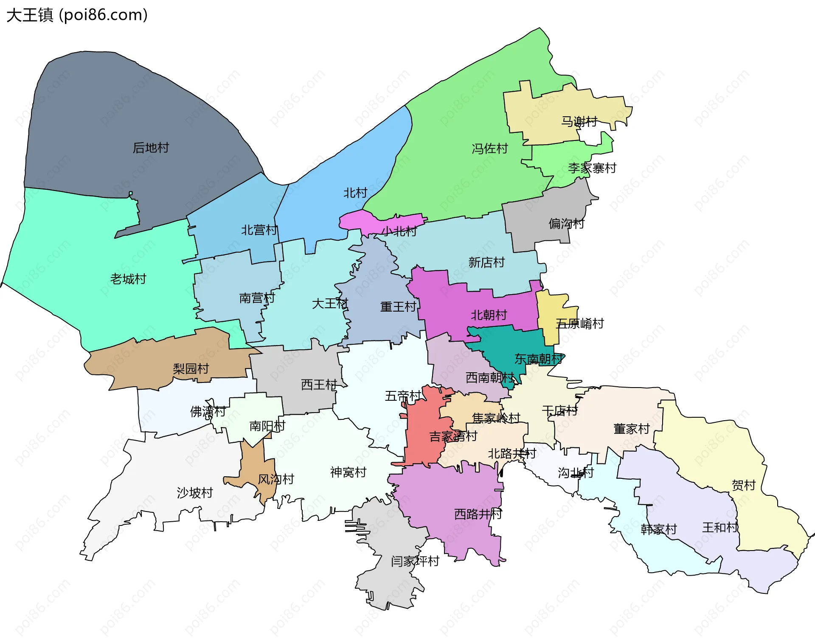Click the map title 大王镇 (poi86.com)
click(x=77, y=15)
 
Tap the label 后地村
click(x=151, y=148)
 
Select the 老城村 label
click(x=128, y=279)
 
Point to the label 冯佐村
click(x=490, y=149)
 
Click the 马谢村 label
click(x=579, y=121)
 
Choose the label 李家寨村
click(x=592, y=168)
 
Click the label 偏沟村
click(x=566, y=223)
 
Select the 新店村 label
click(x=486, y=262)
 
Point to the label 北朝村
click(x=489, y=315)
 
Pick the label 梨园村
click(x=191, y=368)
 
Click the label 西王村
click(x=319, y=385)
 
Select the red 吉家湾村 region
click(x=422, y=441)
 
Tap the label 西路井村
click(x=478, y=514)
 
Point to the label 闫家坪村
click(x=415, y=561)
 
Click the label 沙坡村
click(x=195, y=492)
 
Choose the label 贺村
click(x=744, y=485)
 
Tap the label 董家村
click(x=632, y=429)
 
